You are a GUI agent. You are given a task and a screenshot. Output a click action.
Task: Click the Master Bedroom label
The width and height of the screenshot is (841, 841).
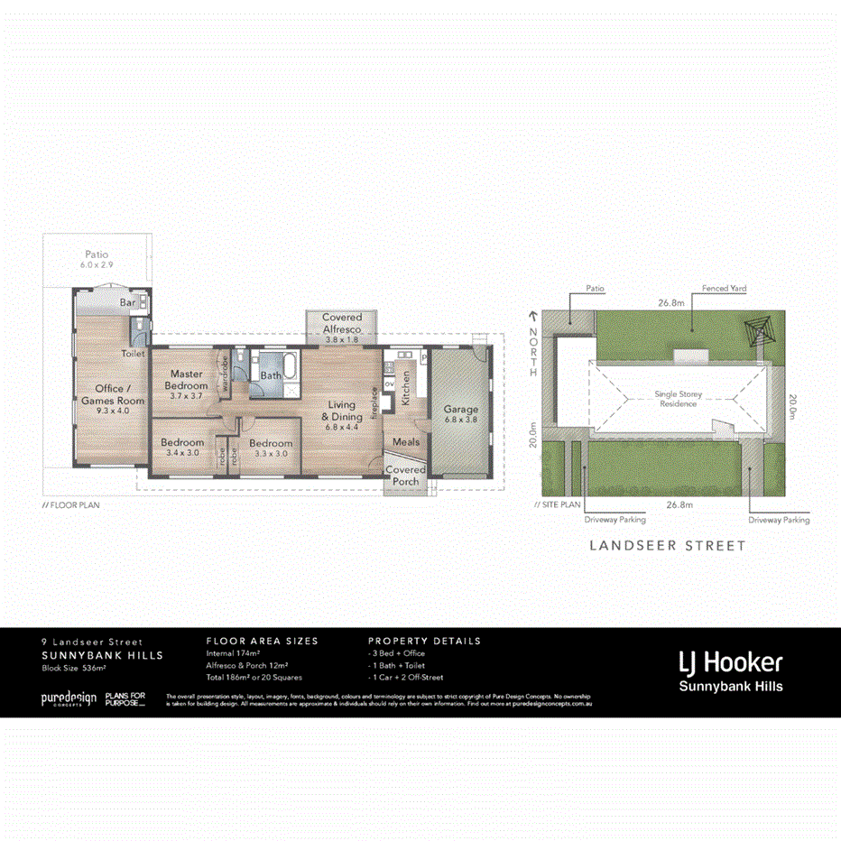point(187,380)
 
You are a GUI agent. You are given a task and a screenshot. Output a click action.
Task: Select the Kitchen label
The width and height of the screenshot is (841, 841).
point(406,387)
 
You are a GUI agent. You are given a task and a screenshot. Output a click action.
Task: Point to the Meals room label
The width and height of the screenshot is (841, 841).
point(405,442)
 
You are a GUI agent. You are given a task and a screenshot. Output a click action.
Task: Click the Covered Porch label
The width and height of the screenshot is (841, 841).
point(405,476)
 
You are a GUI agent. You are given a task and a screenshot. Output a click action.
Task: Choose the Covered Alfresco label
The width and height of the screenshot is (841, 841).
point(342,324)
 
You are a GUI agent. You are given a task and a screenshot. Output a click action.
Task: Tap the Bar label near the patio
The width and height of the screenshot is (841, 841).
point(128,303)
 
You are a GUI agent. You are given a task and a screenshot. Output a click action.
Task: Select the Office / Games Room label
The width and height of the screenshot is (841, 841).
point(113,395)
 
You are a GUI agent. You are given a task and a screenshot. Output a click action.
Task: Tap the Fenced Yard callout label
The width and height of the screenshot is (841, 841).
point(724,289)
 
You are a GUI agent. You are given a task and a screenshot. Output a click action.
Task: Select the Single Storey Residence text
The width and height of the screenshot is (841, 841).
point(678,399)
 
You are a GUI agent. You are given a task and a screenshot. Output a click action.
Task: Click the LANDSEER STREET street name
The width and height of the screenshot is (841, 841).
point(667,545)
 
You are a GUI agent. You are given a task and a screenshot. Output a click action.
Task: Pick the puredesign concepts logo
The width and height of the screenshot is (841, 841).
point(69,699)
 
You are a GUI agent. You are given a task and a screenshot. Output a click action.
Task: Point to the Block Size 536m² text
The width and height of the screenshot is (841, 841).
point(74,669)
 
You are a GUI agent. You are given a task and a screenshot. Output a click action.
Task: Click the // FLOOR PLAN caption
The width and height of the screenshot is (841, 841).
point(71,505)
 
